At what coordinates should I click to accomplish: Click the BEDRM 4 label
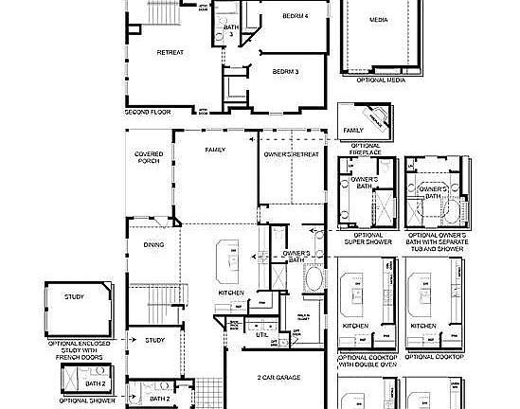click(x=294, y=16)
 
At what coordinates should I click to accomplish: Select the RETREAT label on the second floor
click(x=170, y=53)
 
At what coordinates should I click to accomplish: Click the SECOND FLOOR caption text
click(x=147, y=112)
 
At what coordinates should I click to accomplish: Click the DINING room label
click(x=153, y=244)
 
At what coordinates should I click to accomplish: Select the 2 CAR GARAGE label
click(x=278, y=377)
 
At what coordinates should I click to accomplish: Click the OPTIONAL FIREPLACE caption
click(x=365, y=149)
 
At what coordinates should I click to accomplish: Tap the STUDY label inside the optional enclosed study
click(x=75, y=296)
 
